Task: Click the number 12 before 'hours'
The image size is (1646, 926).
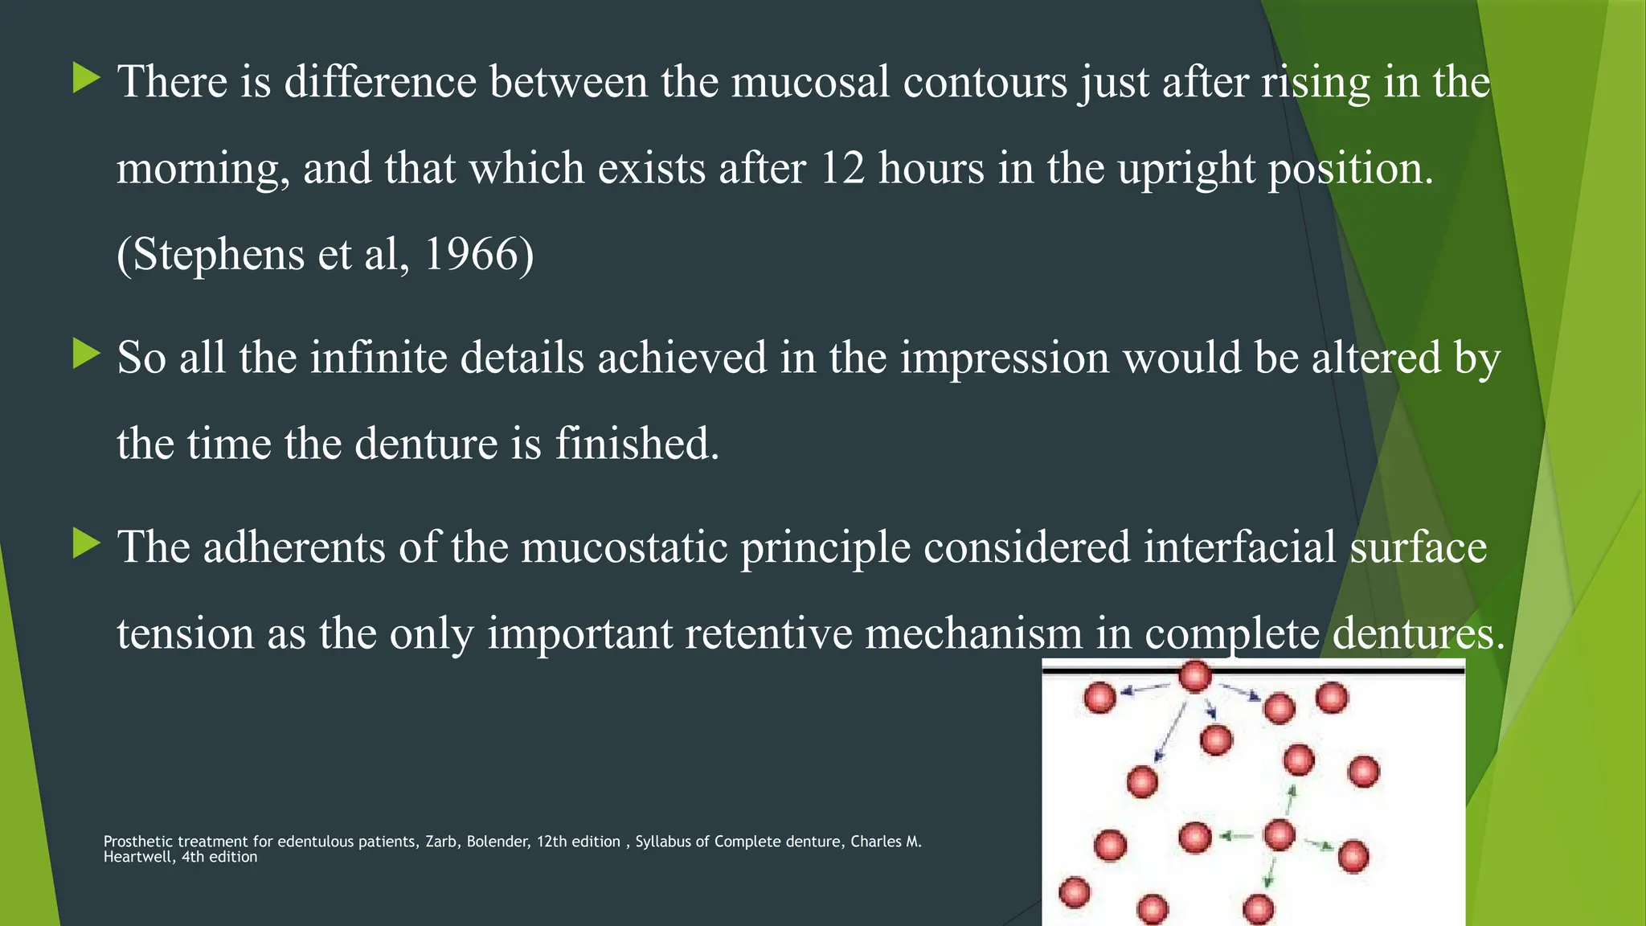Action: point(841,168)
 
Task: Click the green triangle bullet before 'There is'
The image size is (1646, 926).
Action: point(86,78)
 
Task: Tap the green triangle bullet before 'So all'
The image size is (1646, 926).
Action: point(86,353)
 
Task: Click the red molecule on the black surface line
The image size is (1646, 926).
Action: point(1195,676)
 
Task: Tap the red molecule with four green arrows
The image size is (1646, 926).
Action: point(1279,835)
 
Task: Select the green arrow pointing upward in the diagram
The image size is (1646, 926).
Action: point(1291,801)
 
